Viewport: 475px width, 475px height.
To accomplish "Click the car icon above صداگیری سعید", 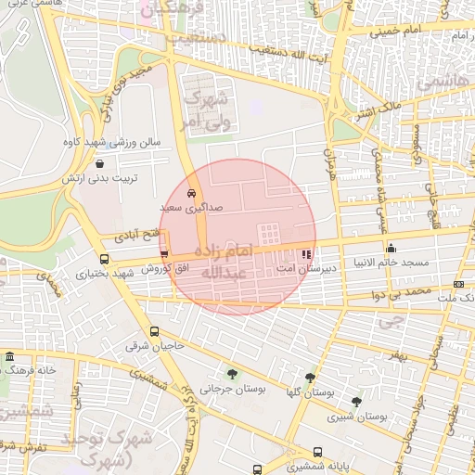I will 191,194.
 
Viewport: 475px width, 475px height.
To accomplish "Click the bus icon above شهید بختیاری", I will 103,259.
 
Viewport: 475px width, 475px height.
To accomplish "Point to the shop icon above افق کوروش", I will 164,253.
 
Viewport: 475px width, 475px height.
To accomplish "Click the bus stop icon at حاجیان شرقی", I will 154,331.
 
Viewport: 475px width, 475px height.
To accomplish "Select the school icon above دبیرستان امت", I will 308,253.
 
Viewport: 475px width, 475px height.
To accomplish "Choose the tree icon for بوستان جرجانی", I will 231,375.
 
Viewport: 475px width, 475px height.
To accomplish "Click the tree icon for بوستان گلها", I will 310,378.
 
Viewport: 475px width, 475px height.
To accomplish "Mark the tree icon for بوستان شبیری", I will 357,402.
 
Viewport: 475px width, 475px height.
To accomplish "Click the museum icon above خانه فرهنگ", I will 9,357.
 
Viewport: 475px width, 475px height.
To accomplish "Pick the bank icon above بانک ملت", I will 458,284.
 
